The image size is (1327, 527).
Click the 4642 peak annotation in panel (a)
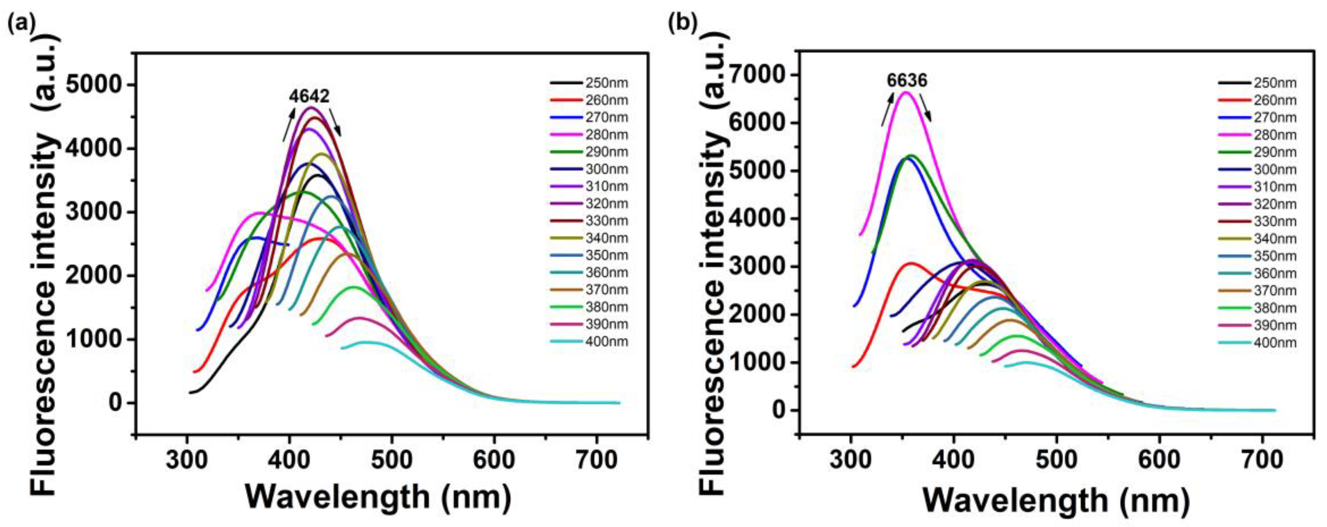click(x=309, y=96)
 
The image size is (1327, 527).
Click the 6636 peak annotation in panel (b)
click(x=907, y=80)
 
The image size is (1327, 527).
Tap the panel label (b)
click(x=682, y=23)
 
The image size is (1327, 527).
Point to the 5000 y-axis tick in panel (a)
click(x=95, y=85)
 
